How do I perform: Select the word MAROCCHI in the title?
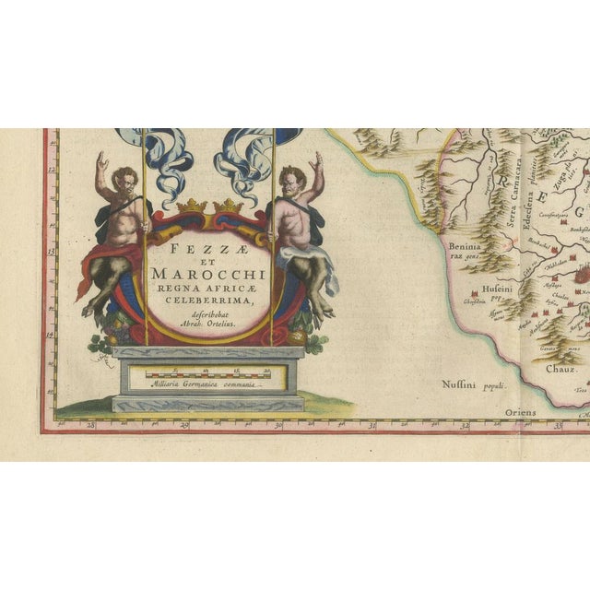[209, 276]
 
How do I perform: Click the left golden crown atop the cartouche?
[189, 206]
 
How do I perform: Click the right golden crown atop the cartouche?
[228, 206]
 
